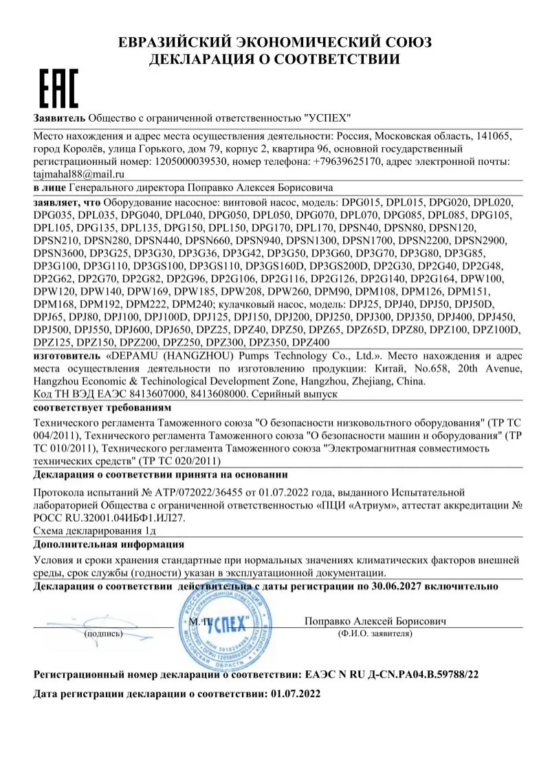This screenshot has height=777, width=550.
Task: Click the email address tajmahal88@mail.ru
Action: coord(74,174)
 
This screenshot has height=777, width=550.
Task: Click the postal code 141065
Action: coord(495,136)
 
